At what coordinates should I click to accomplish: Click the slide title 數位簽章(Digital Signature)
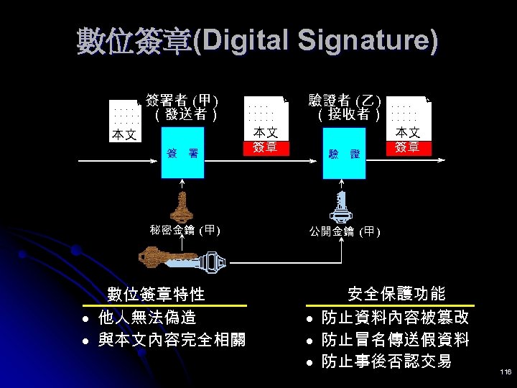coord(257,41)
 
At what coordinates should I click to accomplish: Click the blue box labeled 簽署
coord(183,153)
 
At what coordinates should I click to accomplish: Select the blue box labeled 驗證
coord(345,154)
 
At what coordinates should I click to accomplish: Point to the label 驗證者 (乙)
coord(344,100)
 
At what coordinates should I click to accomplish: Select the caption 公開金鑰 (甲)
coord(345,231)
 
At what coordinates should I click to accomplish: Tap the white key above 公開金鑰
coord(340,206)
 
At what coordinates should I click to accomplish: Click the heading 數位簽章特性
coord(157,294)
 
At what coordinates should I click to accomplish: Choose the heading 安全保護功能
coord(396,294)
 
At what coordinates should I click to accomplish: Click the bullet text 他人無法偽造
coord(147,317)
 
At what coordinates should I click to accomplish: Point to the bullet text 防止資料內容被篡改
coord(395,317)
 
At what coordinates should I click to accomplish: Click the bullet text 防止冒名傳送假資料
coord(395,339)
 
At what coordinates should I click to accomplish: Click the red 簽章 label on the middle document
coord(266,148)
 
